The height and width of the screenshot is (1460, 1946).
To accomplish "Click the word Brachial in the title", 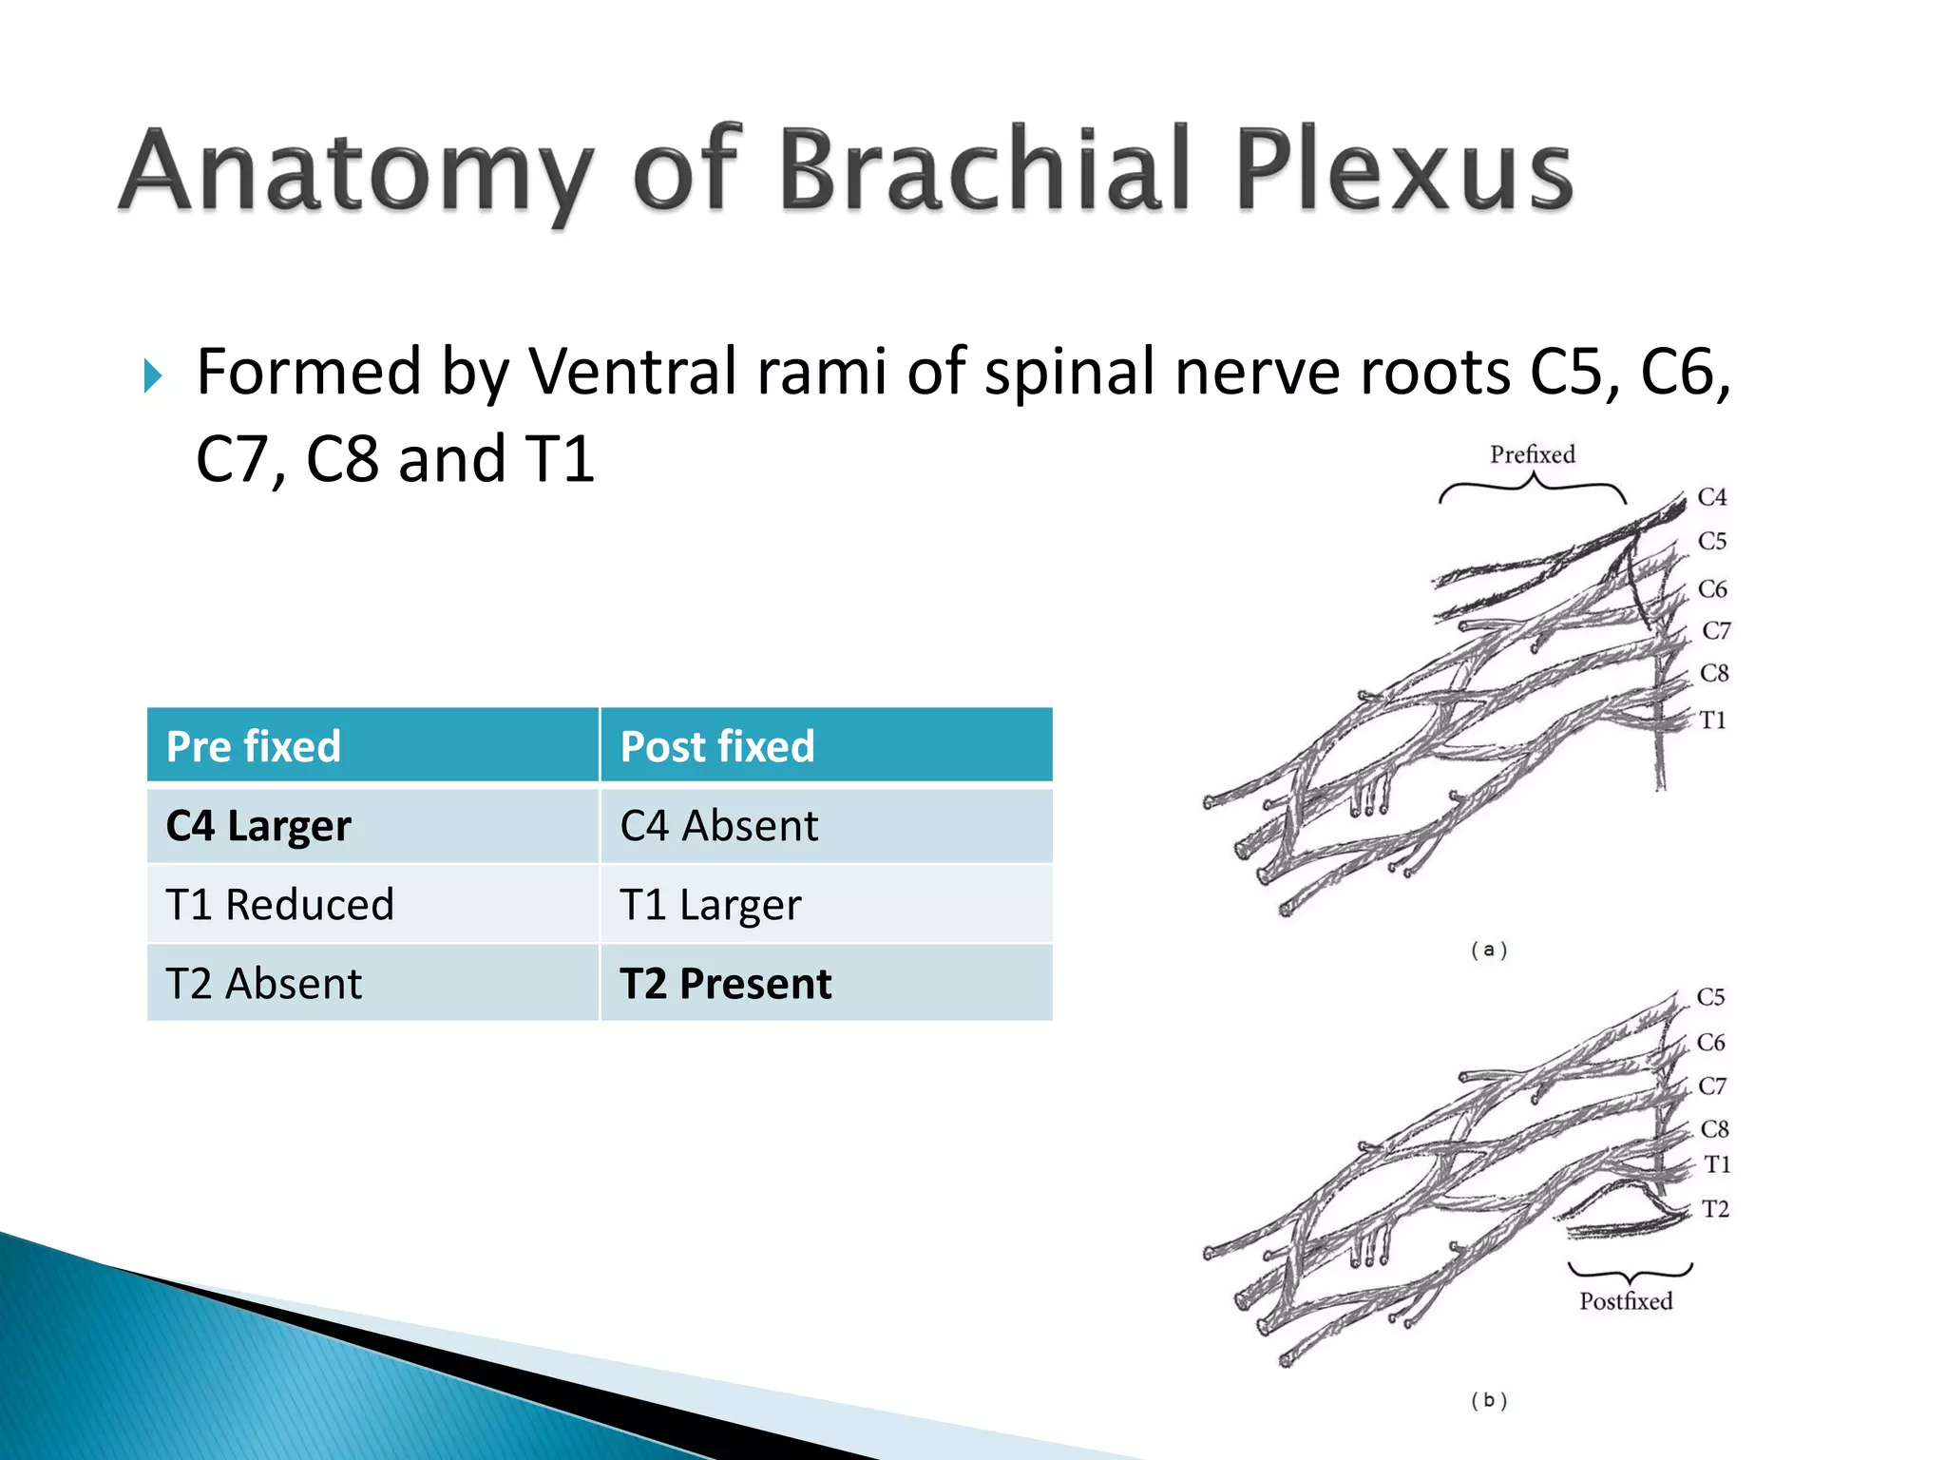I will pyautogui.click(x=983, y=169).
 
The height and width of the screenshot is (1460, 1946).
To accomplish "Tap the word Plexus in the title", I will pyautogui.click(x=1404, y=169).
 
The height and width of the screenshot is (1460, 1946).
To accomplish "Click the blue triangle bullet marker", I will pyautogui.click(x=153, y=376).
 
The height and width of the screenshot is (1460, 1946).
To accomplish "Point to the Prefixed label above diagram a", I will pyautogui.click(x=1532, y=454).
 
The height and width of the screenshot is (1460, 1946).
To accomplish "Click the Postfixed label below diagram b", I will pyautogui.click(x=1626, y=1301).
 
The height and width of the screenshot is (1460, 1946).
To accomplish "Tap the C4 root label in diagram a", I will pyautogui.click(x=1712, y=497).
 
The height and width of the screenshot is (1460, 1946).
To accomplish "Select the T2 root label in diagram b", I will pyautogui.click(x=1715, y=1209).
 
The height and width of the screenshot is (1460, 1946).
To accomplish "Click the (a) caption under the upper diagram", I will pyautogui.click(x=1489, y=950).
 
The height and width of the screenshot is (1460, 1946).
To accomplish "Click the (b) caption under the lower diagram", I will pyautogui.click(x=1489, y=1400).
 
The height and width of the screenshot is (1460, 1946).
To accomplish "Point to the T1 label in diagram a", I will pyautogui.click(x=1712, y=720).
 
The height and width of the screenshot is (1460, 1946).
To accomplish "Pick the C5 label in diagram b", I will pyautogui.click(x=1710, y=997).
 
